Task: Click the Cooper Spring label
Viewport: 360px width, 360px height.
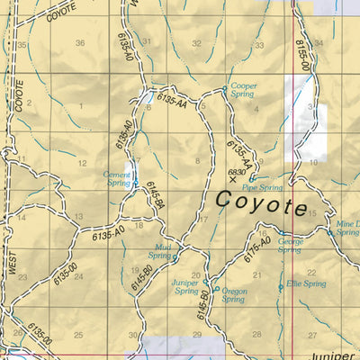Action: (x=244, y=90)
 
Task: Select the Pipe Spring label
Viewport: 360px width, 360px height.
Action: (x=263, y=187)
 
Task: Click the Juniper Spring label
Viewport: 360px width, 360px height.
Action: (x=185, y=287)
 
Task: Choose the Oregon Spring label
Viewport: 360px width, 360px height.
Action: (x=233, y=295)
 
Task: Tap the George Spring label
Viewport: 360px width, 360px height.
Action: (x=290, y=246)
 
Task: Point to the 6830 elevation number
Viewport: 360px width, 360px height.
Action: (x=238, y=171)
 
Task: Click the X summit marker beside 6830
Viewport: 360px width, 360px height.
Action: (x=234, y=180)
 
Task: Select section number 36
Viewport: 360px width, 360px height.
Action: (x=80, y=43)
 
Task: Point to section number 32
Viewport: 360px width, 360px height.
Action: (x=196, y=43)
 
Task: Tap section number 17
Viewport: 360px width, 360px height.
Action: (x=202, y=219)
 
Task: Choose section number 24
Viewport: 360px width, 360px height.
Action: (x=78, y=276)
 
